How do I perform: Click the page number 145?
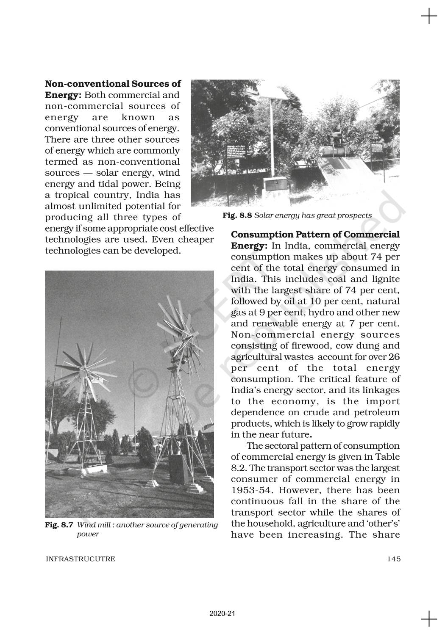click(394, 559)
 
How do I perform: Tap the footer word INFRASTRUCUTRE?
click(80, 559)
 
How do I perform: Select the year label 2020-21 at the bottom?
click(222, 613)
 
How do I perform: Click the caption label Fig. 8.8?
click(237, 215)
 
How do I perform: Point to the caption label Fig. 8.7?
click(59, 525)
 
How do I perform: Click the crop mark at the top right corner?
click(429, 17)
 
